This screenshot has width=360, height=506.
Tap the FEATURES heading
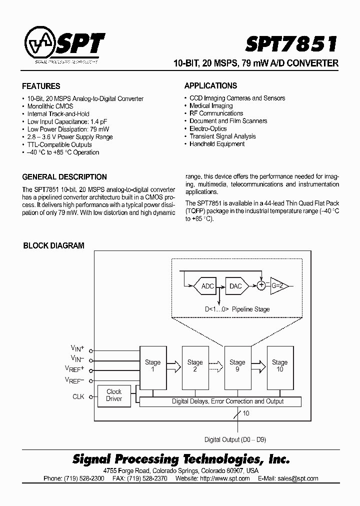pyautogui.click(x=41, y=86)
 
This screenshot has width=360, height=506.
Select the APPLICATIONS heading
pyautogui.click(x=210, y=85)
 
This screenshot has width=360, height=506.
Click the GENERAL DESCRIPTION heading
pyautogui.click(x=64, y=177)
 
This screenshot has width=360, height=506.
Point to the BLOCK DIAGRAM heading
pyautogui.click(x=54, y=246)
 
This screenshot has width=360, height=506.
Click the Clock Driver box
pyautogui.click(x=114, y=395)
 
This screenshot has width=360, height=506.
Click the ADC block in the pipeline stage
pyautogui.click(x=207, y=286)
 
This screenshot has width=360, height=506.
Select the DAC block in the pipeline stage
pyautogui.click(x=235, y=286)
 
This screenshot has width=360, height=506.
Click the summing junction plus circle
pyautogui.click(x=261, y=285)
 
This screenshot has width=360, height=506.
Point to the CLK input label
pyautogui.click(x=78, y=397)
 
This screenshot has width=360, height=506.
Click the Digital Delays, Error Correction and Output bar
pyautogui.click(x=220, y=401)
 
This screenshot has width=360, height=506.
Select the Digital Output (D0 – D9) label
pyautogui.click(x=235, y=440)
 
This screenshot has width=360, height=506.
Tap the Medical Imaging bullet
pyautogui.click(x=211, y=106)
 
